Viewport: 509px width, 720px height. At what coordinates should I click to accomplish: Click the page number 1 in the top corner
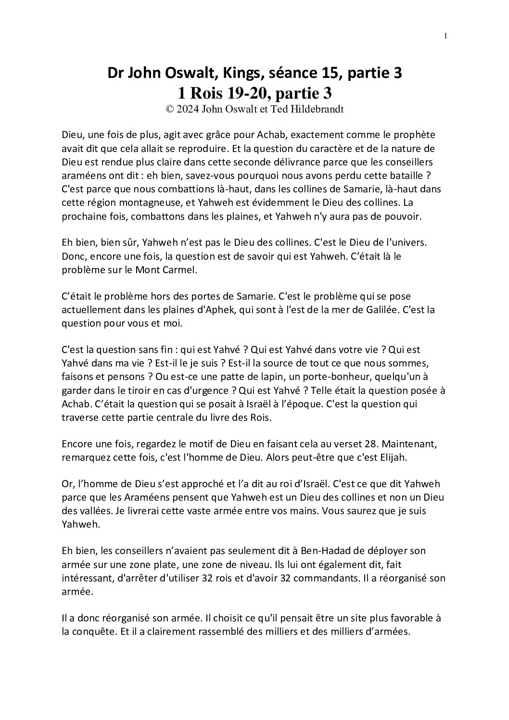(x=445, y=36)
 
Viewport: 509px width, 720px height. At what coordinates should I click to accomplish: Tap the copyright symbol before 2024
(x=169, y=109)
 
